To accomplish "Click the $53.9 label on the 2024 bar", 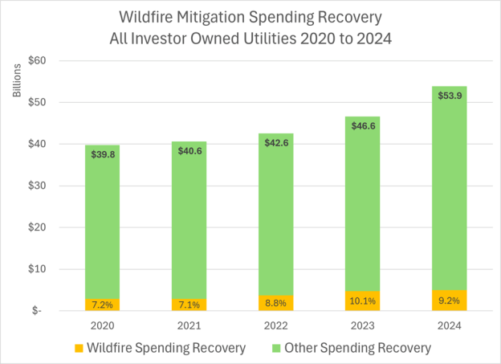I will [x=450, y=95].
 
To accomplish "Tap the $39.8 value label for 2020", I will [x=102, y=153].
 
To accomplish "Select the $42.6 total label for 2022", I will [x=276, y=142].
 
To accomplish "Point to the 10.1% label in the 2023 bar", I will [x=363, y=302].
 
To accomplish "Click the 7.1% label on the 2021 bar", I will [x=189, y=305].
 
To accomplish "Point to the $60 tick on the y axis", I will [x=37, y=61].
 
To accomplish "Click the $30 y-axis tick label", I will [x=37, y=186].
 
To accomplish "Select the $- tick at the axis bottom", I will [x=38, y=311].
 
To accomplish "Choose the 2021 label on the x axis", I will [x=189, y=325].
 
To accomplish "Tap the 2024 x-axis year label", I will [x=450, y=325].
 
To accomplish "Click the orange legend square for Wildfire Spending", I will [x=78, y=349].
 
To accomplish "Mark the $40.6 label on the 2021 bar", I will [x=189, y=150].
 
